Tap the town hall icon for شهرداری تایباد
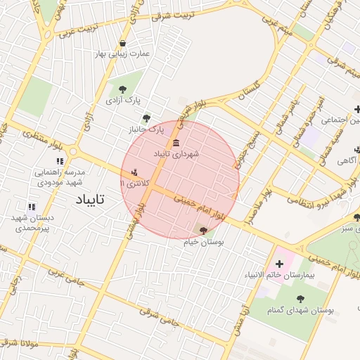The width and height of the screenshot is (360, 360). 176,143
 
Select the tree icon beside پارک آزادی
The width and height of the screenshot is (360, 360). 123,89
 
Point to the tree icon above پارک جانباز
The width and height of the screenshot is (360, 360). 146,119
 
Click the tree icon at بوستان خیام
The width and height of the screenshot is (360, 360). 204,231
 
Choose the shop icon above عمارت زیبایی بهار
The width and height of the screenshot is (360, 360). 123,44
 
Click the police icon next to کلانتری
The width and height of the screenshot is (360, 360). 134,172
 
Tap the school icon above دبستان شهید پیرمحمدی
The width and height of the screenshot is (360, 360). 31,207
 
